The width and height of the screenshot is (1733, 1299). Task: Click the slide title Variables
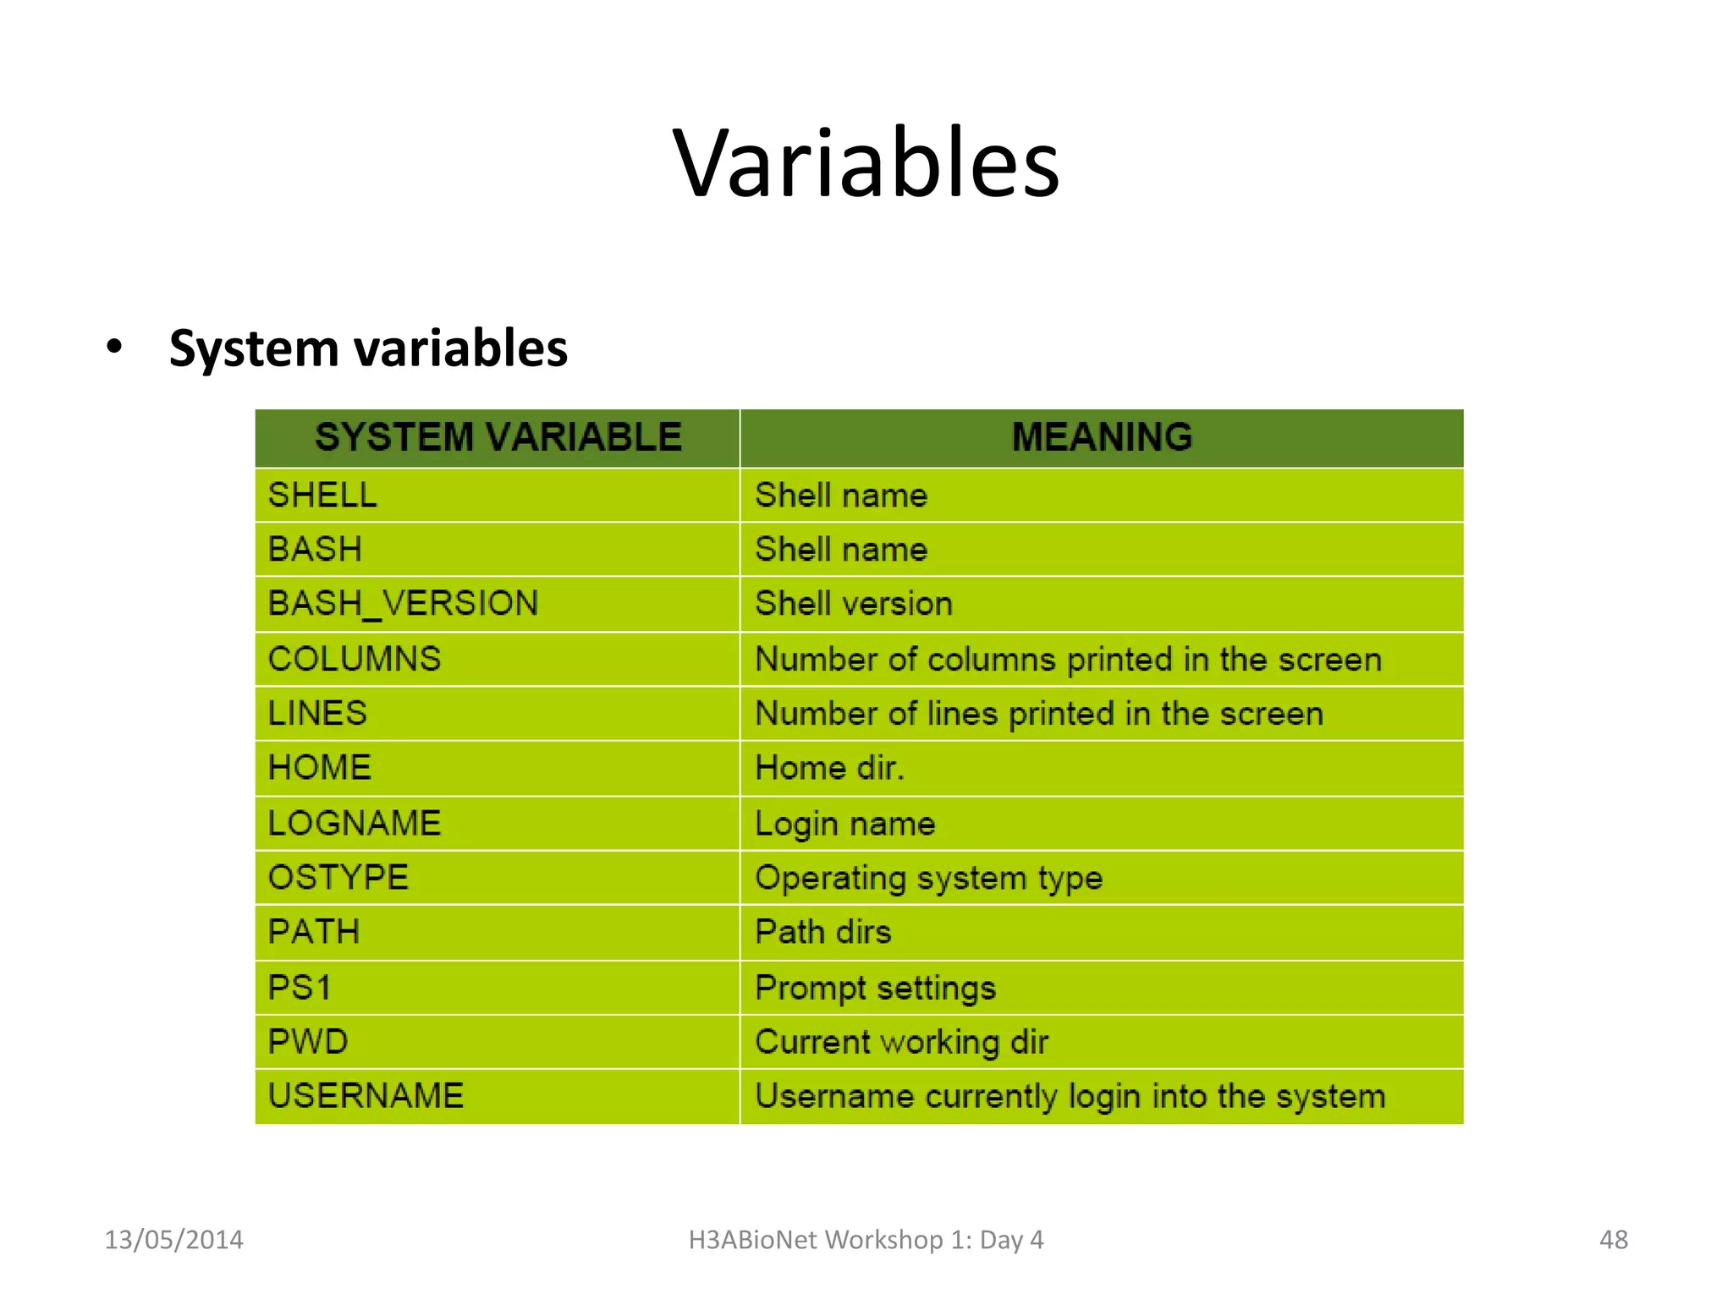pos(866,162)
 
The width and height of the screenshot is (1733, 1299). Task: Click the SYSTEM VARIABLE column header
pos(498,437)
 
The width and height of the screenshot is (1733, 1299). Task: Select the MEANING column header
pos(1102,437)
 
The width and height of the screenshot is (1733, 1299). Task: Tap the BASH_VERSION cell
pos(403,604)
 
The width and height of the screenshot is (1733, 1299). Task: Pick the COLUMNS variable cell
pos(355,659)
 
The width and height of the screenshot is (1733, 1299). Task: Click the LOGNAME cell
pos(355,823)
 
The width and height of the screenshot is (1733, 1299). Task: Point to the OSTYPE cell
pos(338,877)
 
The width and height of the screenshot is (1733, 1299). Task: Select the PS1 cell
pos(300,987)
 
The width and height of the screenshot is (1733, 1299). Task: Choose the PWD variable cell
pos(308,1041)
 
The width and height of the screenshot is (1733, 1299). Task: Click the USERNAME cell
pos(366,1096)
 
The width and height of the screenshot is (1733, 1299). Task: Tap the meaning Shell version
pos(854,604)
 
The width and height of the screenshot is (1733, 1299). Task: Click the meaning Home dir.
pos(829,768)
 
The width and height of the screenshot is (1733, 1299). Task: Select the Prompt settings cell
pos(875,987)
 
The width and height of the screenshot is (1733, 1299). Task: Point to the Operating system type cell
pos(928,878)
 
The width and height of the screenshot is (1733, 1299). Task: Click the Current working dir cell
pos(901,1042)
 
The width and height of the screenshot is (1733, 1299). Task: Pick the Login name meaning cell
pos(844,823)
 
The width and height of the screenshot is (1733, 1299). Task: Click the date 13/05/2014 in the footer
pos(173,1240)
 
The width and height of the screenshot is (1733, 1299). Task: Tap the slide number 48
pos(1613,1240)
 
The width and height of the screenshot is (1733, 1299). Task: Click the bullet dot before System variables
pos(114,348)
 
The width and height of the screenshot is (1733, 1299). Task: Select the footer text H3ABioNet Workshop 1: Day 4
pos(866,1240)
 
